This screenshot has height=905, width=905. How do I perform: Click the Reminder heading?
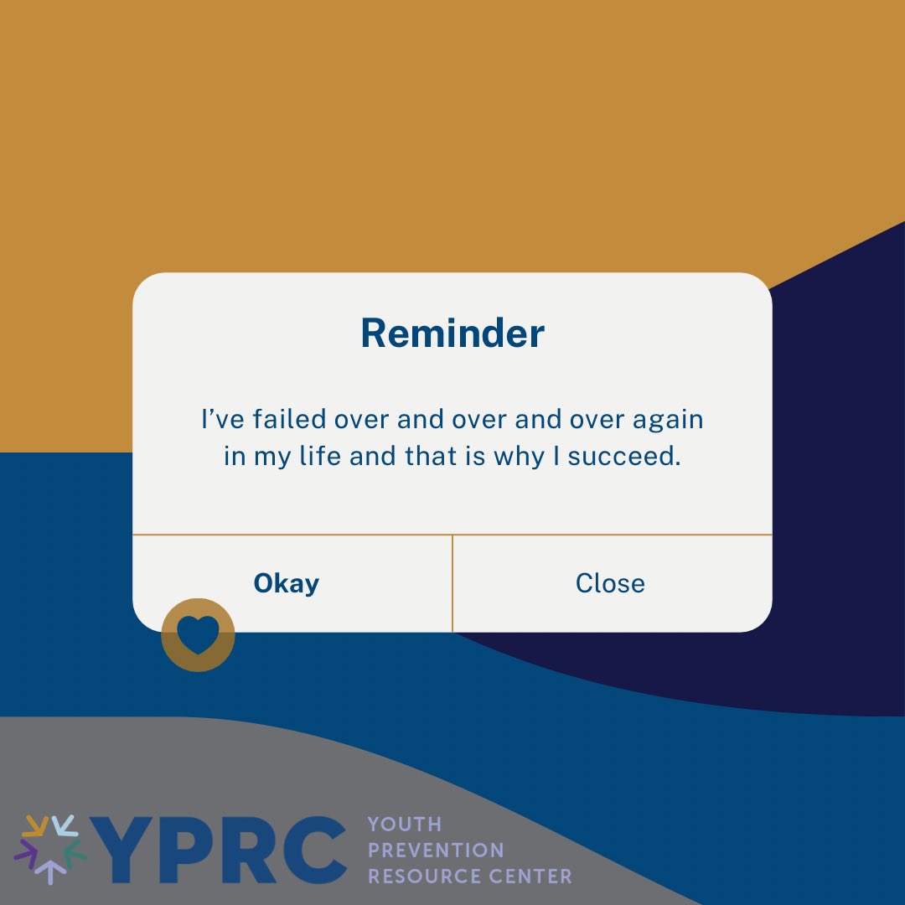point(452,334)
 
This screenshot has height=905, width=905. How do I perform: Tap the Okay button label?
point(287,583)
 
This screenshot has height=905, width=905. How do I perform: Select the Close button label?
point(610,583)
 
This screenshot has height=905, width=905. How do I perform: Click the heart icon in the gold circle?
point(198,636)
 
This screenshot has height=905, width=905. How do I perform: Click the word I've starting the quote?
point(220,419)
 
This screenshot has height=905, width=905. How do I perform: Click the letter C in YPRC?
point(313,851)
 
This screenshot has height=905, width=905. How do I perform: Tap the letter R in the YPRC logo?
point(249,851)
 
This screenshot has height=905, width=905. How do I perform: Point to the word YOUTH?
point(404,825)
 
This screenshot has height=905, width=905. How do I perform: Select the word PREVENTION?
point(436,851)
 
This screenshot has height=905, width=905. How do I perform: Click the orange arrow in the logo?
point(34,826)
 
